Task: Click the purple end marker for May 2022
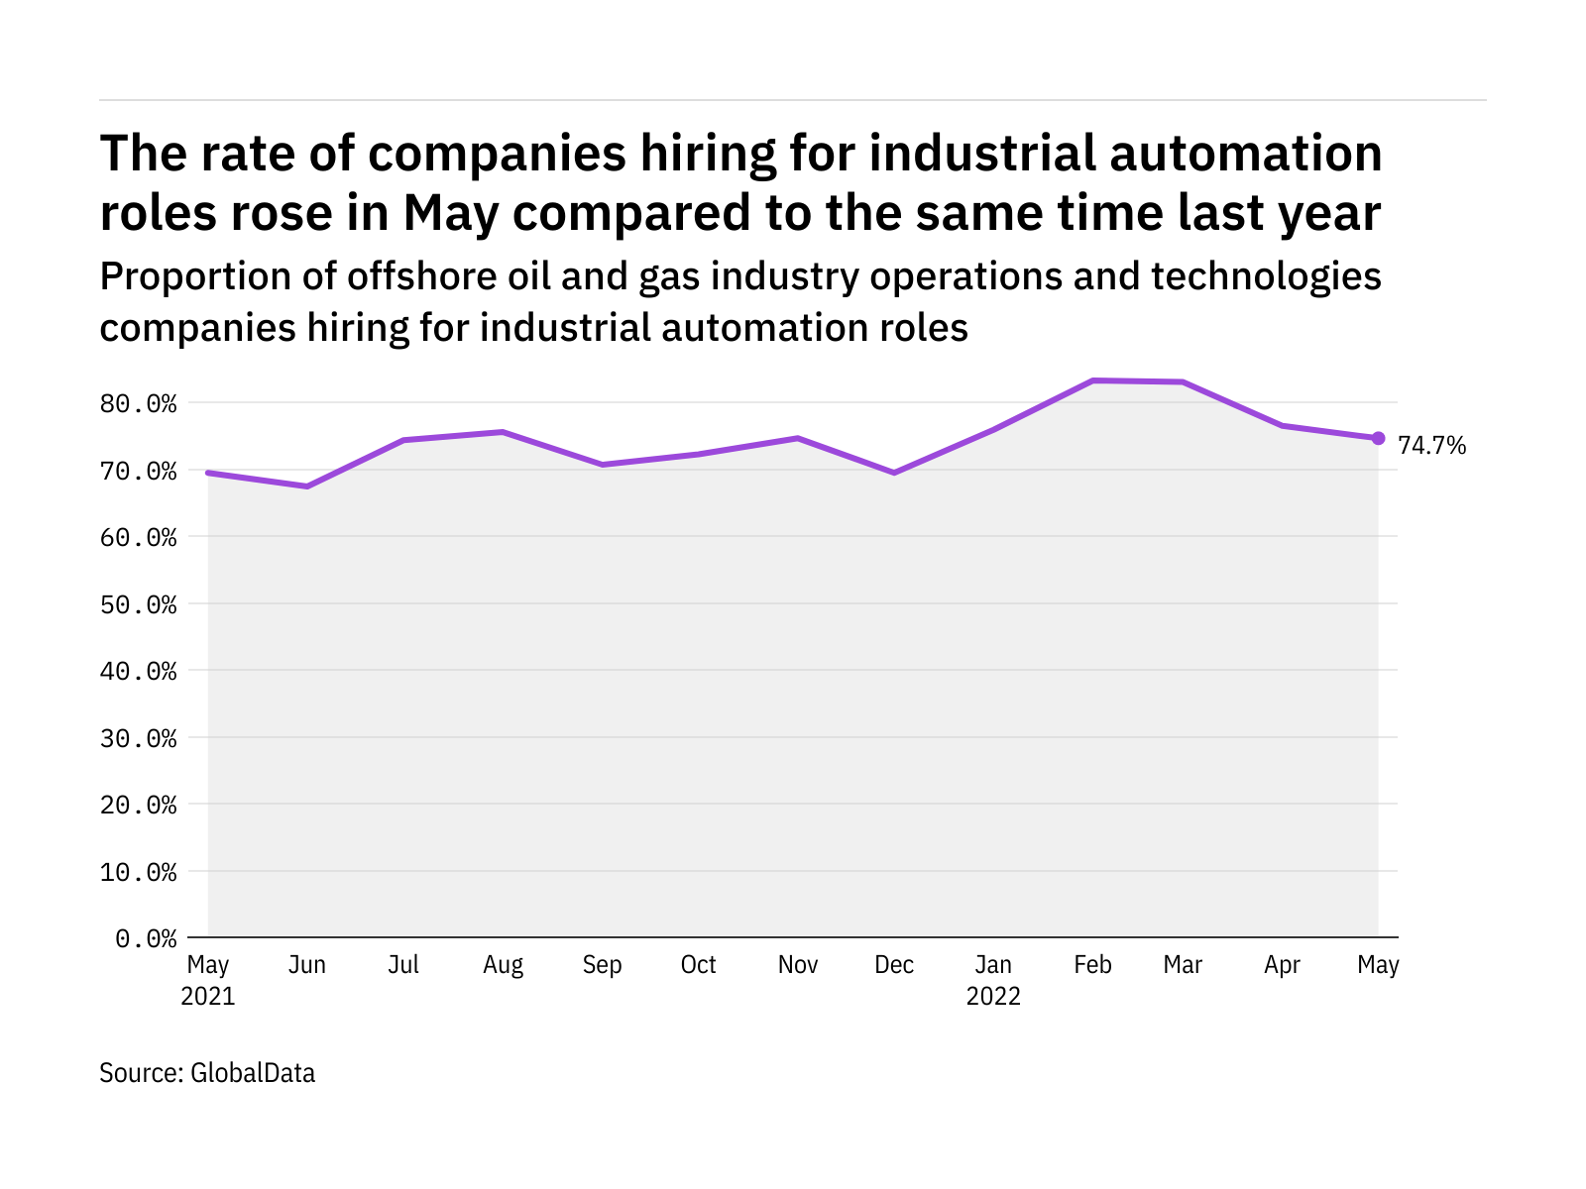coord(1378,438)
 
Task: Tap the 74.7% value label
coord(1431,446)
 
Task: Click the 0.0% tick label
coord(146,938)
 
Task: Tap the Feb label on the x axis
coord(1092,965)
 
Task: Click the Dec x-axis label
coord(894,965)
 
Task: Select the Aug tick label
coord(503,965)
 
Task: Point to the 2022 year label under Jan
coord(993,997)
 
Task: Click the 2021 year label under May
coord(208,997)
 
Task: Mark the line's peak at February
coord(1092,380)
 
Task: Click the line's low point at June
coord(306,486)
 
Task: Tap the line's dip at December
coord(894,473)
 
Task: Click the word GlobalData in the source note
coord(253,1073)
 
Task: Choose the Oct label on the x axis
coord(699,965)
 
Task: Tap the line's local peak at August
coord(503,432)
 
